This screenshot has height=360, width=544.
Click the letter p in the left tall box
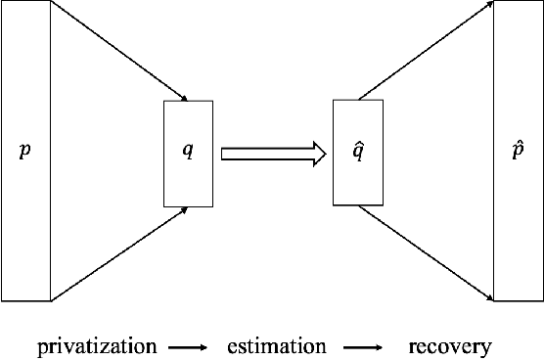click(24, 153)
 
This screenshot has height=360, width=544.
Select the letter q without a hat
click(188, 153)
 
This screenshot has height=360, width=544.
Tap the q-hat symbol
click(358, 152)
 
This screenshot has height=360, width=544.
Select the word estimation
click(276, 346)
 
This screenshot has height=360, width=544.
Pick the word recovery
click(449, 346)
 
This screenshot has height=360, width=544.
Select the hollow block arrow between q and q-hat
click(272, 153)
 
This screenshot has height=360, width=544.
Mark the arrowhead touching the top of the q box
click(183, 97)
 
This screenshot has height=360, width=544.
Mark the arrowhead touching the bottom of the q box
click(183, 209)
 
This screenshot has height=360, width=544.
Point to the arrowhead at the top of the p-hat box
click(488, 5)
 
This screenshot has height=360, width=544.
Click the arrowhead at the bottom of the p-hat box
click(488, 297)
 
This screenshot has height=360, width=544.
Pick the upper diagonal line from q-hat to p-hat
click(424, 51)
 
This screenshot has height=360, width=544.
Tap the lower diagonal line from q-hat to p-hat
click(424, 251)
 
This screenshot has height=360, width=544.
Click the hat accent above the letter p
click(519, 143)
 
